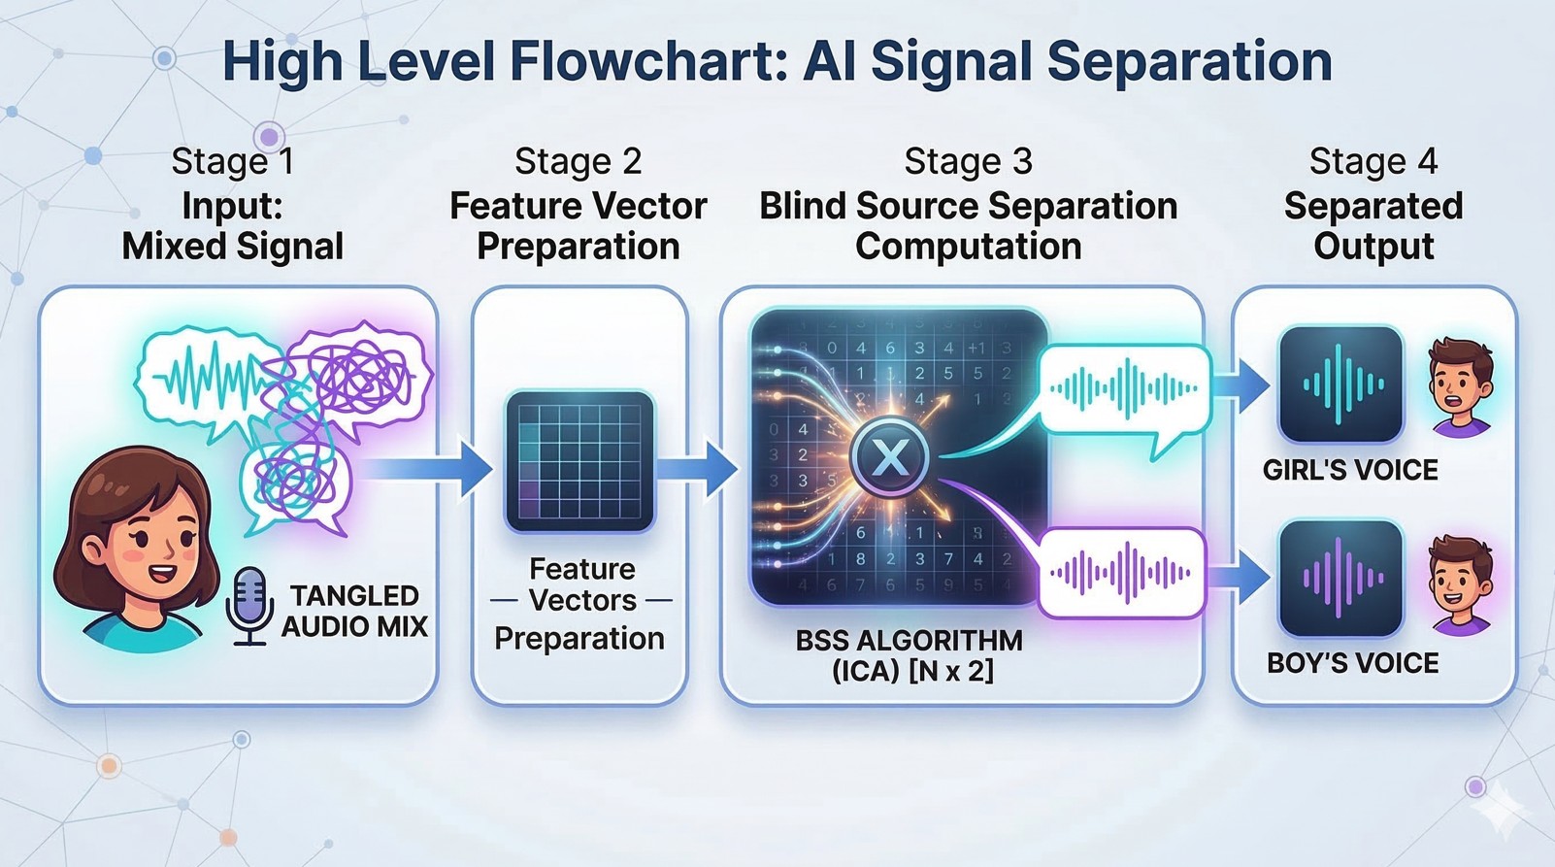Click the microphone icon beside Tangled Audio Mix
click(x=249, y=604)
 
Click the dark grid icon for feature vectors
click(x=579, y=461)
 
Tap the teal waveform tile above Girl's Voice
click(x=1340, y=384)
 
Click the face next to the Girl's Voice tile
click(x=1461, y=385)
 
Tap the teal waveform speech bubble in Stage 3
click(x=1123, y=390)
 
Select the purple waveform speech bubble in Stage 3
click(x=1121, y=573)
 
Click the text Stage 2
click(x=579, y=161)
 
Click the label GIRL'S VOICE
click(x=1350, y=471)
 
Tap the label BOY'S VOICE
click(x=1352, y=664)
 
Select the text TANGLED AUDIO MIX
click(x=354, y=611)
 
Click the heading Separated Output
click(x=1373, y=226)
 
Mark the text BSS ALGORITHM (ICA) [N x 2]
click(x=909, y=655)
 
